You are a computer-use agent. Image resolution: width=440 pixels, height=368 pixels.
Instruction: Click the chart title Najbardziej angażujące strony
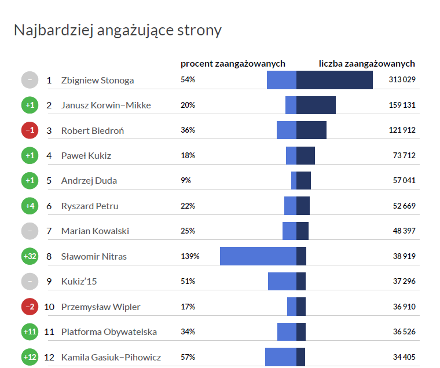[118, 30]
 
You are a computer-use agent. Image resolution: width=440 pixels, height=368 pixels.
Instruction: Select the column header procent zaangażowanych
[233, 64]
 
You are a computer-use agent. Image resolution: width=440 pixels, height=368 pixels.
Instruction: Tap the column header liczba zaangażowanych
[367, 64]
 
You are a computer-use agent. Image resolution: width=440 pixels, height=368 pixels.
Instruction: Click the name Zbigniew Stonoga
[97, 80]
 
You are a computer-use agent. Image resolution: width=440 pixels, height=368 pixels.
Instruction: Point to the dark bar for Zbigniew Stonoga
[335, 80]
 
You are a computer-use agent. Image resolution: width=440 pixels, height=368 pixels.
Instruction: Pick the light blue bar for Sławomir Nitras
[258, 256]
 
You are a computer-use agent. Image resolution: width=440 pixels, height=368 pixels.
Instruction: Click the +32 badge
[30, 256]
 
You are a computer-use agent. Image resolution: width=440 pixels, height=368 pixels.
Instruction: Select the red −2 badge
[30, 307]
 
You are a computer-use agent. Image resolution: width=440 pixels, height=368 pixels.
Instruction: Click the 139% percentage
[190, 256]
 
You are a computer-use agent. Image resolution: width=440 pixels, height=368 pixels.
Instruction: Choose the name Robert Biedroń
[93, 130]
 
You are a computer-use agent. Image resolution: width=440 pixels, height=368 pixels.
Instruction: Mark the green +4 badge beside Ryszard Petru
[30, 206]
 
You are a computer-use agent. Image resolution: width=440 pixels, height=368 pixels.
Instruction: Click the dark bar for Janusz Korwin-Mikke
[316, 105]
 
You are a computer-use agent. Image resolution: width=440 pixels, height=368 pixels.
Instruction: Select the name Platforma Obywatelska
[109, 332]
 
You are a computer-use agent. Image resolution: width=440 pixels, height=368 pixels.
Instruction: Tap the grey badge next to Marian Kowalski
[30, 231]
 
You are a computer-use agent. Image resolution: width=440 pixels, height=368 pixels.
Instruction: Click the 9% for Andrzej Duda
[186, 181]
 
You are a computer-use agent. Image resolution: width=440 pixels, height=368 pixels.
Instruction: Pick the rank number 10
[49, 307]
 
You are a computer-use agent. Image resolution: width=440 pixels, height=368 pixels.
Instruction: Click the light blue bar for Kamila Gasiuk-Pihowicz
[281, 357]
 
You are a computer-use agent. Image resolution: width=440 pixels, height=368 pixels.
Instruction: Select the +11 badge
[30, 332]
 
